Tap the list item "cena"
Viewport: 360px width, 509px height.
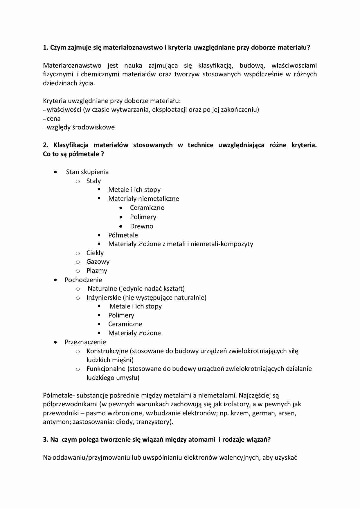click(53, 119)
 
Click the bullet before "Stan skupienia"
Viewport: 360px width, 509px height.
click(55, 172)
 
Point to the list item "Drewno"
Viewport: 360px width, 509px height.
click(141, 226)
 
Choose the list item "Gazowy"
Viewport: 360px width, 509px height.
click(98, 262)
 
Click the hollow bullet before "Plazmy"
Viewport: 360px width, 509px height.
click(78, 271)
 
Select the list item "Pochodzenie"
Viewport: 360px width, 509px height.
click(83, 280)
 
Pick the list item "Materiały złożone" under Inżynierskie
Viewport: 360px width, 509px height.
click(134, 333)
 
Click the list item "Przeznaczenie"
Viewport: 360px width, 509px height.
click(85, 342)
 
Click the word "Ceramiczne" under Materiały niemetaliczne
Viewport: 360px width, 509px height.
click(147, 208)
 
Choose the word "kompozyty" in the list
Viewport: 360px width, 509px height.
click(237, 244)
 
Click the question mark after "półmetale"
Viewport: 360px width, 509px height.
click(102, 154)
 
